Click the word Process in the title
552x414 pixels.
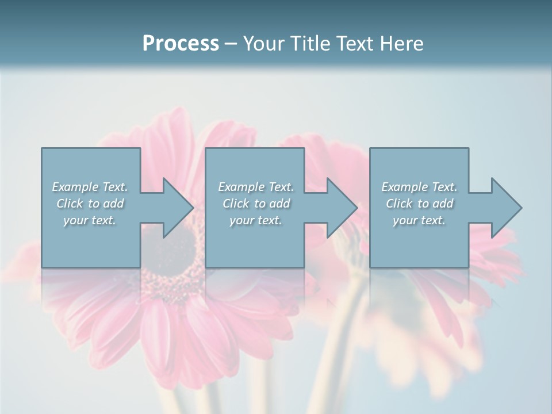click(x=181, y=43)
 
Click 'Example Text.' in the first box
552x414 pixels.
click(x=90, y=186)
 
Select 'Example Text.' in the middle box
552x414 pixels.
click(x=256, y=186)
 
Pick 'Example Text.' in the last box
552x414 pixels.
click(x=419, y=186)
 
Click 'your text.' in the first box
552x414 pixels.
click(x=90, y=220)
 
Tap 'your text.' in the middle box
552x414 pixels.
click(x=256, y=220)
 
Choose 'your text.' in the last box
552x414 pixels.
click(x=419, y=220)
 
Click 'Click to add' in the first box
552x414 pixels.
click(x=90, y=204)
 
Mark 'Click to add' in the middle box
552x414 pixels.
click(x=256, y=204)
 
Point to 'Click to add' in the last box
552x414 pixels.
click(x=419, y=204)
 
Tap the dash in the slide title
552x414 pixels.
click(x=231, y=44)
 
